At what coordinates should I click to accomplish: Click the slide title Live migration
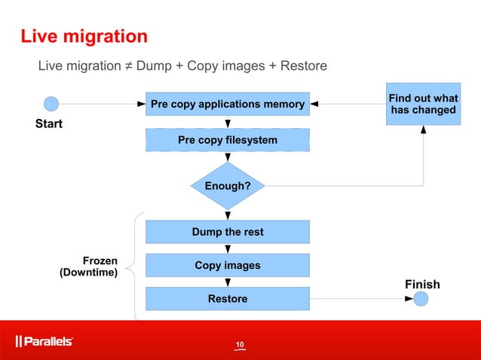[x=84, y=36]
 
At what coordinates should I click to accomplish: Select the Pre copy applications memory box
[x=227, y=104]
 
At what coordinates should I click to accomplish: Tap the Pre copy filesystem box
[x=227, y=140]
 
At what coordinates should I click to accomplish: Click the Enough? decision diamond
[x=227, y=185]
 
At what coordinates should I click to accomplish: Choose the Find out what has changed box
[x=423, y=104]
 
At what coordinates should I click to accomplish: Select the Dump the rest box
[x=227, y=232]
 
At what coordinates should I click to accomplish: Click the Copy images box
[x=227, y=265]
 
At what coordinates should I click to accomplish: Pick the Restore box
[x=227, y=299]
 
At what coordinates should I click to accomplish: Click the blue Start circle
[x=51, y=104]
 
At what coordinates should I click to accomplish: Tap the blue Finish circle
[x=421, y=299]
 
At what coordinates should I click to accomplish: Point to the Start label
[x=49, y=124]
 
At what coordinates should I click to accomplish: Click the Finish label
[x=422, y=284]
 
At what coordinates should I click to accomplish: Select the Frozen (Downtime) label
[x=88, y=267]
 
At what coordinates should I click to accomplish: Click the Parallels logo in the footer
[x=44, y=341]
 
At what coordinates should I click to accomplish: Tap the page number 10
[x=240, y=345]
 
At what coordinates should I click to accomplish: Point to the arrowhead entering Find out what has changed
[x=423, y=130]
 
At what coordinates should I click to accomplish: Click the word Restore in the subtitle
[x=303, y=66]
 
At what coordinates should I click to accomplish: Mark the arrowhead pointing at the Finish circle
[x=409, y=299]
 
